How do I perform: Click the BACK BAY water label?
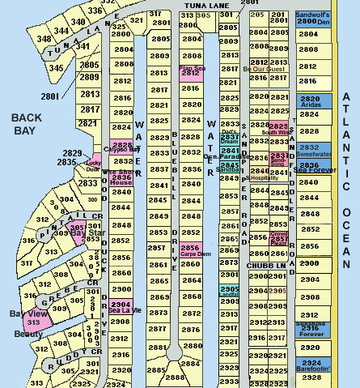click(26, 125)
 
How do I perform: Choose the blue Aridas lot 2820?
click(310, 100)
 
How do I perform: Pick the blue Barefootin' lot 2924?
click(311, 364)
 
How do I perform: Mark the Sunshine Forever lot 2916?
click(311, 328)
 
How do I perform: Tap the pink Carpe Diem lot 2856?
click(191, 249)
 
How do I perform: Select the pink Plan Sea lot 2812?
click(191, 71)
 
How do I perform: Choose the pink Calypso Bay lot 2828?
click(121, 146)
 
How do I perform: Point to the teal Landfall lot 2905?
click(230, 291)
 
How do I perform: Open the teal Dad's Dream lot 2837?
click(230, 138)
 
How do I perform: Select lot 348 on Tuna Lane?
click(44, 39)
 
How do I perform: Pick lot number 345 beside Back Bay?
click(55, 68)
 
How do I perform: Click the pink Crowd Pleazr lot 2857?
click(278, 238)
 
